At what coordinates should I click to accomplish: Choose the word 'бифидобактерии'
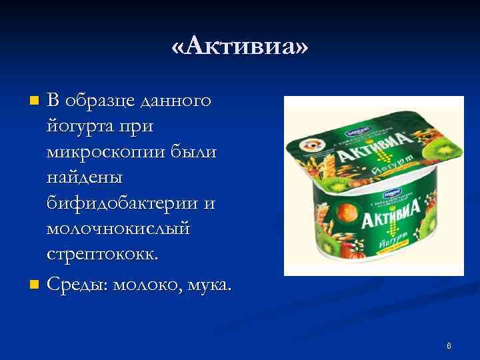tap(124, 203)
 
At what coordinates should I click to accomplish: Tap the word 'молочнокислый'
tap(118, 229)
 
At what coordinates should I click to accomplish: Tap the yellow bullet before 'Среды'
tap(35, 286)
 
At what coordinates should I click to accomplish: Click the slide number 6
tap(449, 345)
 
